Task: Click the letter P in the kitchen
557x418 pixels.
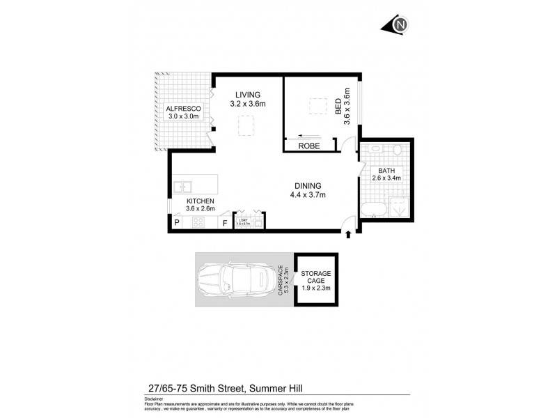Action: click(177, 223)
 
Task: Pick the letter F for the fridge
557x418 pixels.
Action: click(225, 223)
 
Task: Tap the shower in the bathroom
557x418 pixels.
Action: click(400, 206)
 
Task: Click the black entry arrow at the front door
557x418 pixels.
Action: click(348, 237)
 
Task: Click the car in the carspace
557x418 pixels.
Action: click(235, 279)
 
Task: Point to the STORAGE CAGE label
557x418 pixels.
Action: click(317, 277)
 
